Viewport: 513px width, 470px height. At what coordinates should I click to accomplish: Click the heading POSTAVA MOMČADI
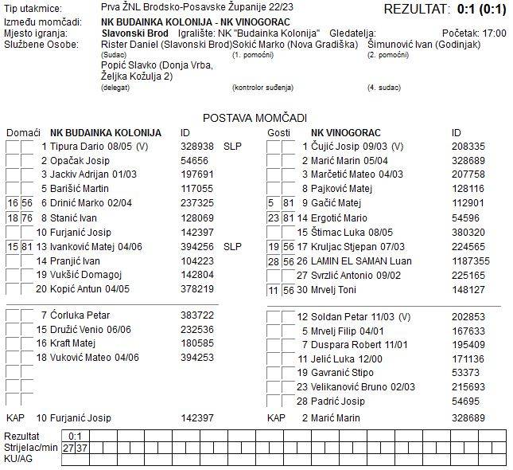[x=255, y=117]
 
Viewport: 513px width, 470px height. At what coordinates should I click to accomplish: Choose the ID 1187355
[x=471, y=260]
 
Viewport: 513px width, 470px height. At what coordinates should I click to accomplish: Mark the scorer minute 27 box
[x=69, y=448]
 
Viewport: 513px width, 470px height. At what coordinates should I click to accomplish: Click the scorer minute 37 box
[x=82, y=448]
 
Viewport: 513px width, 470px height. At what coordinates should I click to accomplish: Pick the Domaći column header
[x=23, y=132]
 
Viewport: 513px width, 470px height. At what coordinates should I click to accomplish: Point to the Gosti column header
[x=278, y=132]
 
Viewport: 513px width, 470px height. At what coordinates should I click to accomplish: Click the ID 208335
[x=468, y=147]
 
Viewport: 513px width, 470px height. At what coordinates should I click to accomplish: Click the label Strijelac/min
[x=31, y=448]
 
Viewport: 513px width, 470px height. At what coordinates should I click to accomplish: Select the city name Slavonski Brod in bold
[x=135, y=33]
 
